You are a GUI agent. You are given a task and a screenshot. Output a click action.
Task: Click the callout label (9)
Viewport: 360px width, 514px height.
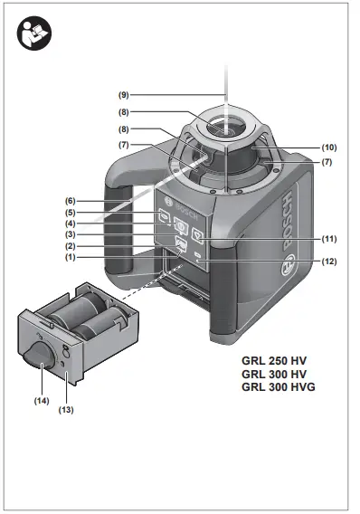(x=124, y=94)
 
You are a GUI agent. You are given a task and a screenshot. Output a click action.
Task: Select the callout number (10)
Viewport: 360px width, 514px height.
(x=328, y=147)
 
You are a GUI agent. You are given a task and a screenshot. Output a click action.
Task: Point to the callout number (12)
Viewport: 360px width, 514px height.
(x=328, y=262)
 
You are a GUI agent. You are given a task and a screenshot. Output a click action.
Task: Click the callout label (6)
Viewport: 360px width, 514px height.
(x=70, y=200)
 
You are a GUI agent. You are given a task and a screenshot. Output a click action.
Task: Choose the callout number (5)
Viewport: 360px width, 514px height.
(x=70, y=213)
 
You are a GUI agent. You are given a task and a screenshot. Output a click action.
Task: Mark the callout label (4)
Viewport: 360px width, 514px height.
(x=70, y=224)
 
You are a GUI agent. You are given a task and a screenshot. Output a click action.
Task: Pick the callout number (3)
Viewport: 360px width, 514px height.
(x=70, y=235)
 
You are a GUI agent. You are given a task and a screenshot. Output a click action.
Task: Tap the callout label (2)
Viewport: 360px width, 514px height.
(x=70, y=246)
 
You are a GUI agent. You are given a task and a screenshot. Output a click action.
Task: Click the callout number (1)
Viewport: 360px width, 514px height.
(x=70, y=258)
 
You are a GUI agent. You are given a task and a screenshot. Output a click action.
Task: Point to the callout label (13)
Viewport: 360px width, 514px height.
(x=66, y=410)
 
